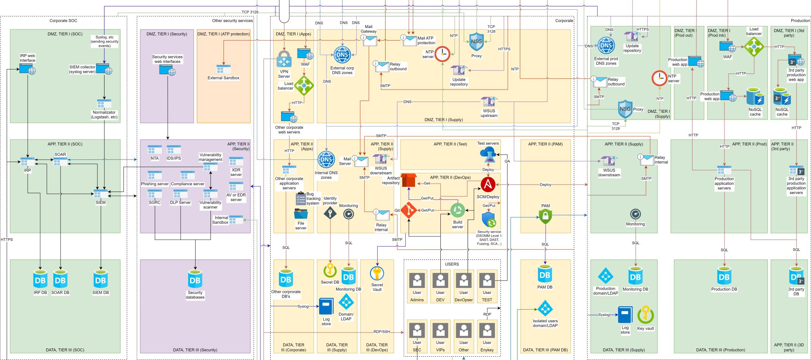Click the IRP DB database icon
click(x=40, y=279)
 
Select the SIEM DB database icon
click(x=100, y=279)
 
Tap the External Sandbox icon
click(x=224, y=69)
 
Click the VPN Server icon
click(x=284, y=60)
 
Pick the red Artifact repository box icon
click(x=408, y=180)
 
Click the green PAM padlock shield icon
click(x=545, y=216)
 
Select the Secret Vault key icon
click(x=377, y=273)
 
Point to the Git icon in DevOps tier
click(x=409, y=211)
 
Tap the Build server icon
click(x=458, y=211)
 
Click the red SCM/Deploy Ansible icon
click(x=488, y=185)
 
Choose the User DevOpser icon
click(x=464, y=280)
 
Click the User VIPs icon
click(x=440, y=330)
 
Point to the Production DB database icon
click(x=724, y=276)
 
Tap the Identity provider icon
click(x=330, y=214)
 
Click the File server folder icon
click(x=301, y=214)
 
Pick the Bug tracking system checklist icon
click(x=300, y=198)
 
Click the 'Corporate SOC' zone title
click(x=63, y=21)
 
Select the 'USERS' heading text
click(x=452, y=264)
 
